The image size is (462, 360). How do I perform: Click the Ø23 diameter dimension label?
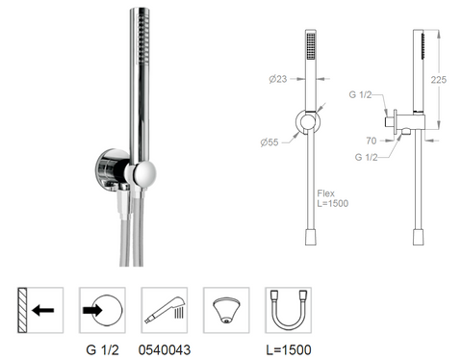point(278,79)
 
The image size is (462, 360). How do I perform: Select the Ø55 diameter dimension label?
point(269,142)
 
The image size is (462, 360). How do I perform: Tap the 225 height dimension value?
point(438,80)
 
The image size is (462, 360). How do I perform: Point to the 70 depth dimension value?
point(372,141)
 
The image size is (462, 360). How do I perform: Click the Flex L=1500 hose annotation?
point(333,198)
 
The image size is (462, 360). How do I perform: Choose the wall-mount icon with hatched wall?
point(40,310)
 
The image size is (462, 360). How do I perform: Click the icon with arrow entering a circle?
point(102,310)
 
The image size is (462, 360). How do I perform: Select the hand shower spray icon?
point(165,310)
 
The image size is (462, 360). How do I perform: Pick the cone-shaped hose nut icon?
point(226,310)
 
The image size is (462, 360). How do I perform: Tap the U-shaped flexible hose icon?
point(289,310)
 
